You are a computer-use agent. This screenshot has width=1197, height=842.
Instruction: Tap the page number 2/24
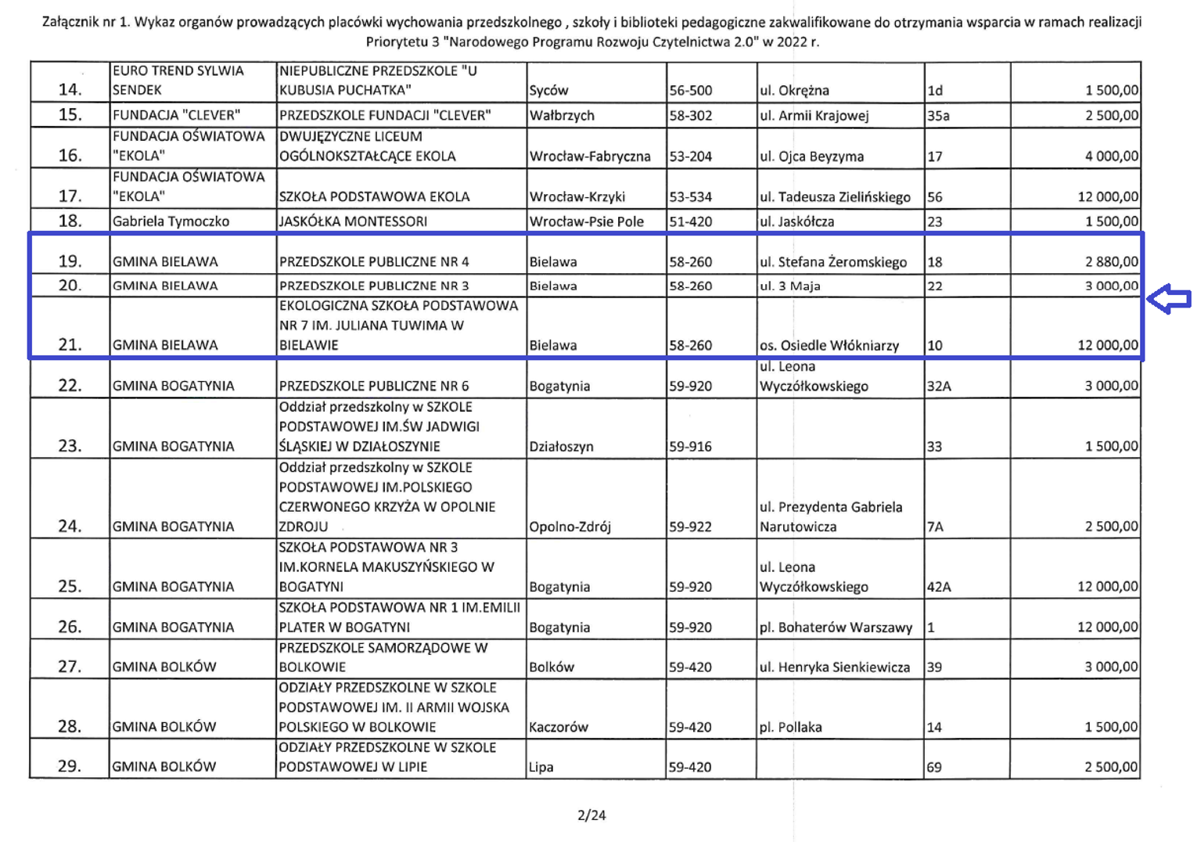[591, 815]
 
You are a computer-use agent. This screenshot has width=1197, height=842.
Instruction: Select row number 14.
[70, 90]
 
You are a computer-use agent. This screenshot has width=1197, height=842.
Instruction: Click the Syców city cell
[548, 91]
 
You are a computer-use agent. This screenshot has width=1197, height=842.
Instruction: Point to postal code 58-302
[690, 116]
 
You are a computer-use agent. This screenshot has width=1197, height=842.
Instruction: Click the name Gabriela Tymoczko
[171, 221]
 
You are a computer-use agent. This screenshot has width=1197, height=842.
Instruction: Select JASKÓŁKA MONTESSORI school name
[353, 221]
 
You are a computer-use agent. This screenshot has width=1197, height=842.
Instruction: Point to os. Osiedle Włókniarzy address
[829, 345]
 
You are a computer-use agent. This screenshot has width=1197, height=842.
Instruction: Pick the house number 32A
[939, 386]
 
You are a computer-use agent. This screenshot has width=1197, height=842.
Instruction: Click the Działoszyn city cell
[561, 447]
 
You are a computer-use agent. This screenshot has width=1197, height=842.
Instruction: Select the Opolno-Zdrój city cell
[570, 527]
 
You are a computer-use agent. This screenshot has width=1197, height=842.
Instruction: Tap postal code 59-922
[690, 527]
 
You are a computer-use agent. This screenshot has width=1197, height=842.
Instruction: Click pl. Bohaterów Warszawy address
[836, 628]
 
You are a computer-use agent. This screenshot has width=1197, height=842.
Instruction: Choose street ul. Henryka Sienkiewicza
[835, 667]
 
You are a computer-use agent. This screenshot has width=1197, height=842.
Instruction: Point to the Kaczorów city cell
[558, 727]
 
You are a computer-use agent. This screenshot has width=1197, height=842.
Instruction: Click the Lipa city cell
[541, 767]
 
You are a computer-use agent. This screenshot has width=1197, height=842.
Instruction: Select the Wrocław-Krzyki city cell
[577, 197]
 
